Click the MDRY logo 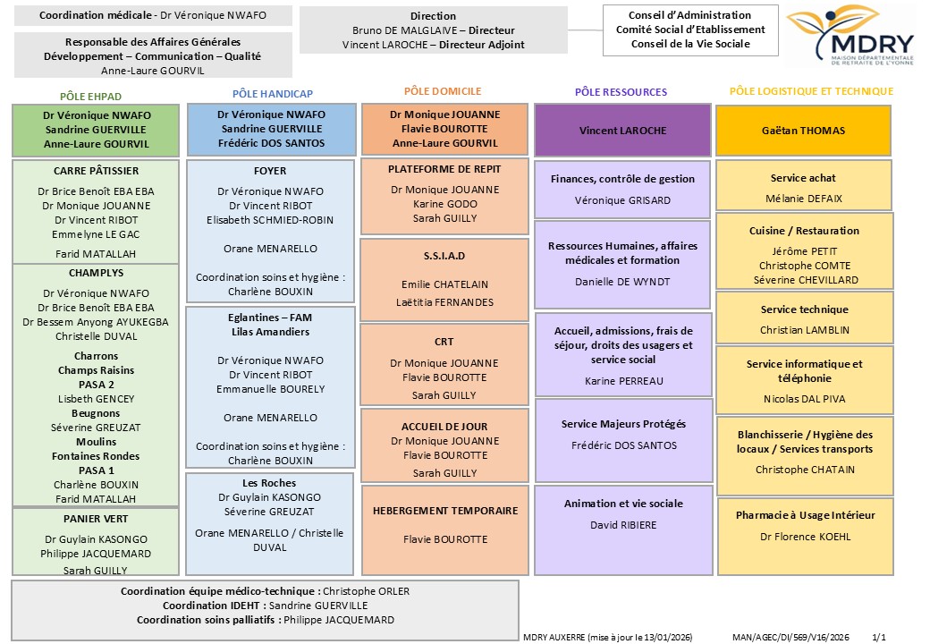pos(850,37)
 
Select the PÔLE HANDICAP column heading pos(272,93)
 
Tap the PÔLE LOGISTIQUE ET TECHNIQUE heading pos(811,91)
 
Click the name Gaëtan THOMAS pos(804,130)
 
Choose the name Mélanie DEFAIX pos(804,199)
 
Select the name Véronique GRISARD pos(622,200)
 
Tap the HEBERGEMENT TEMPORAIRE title pos(444,511)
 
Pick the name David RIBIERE pos(622,525)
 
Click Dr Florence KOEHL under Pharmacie pos(805,537)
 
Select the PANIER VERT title pos(96,519)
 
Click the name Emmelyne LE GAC pos(96,234)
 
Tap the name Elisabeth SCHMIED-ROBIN pos(270,220)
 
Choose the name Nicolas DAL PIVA pos(804,399)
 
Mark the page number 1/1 pos(878,637)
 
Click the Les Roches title pos(269,483)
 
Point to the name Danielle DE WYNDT pos(622,282)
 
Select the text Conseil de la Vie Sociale pos(690,44)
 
